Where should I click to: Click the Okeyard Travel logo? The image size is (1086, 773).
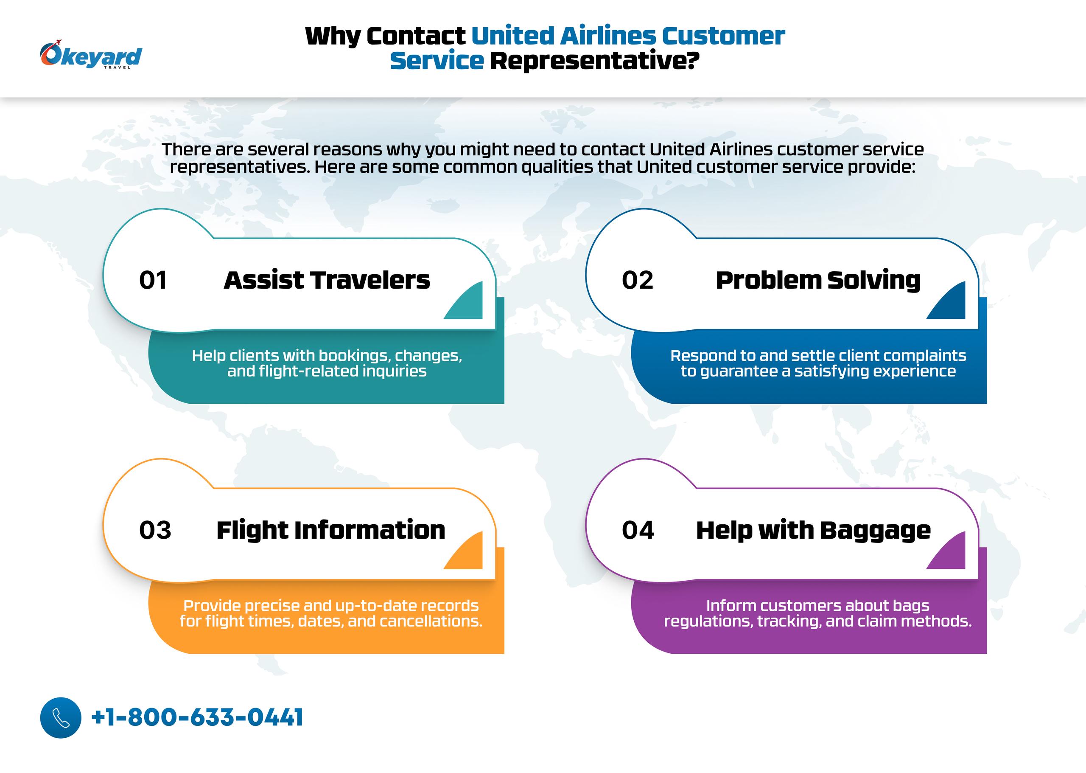pos(91,55)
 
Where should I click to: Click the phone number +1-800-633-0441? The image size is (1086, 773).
pos(197,717)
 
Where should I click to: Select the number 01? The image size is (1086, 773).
pos(153,280)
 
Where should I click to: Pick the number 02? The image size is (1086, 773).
pos(638,280)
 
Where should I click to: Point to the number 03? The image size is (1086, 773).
pos(155,530)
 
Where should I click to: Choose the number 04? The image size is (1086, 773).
pos(638,530)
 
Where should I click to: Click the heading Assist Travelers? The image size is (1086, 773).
pos(327,280)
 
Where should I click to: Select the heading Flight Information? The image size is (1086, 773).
pos(330,531)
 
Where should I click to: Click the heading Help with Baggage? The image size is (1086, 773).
pos(813,531)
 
